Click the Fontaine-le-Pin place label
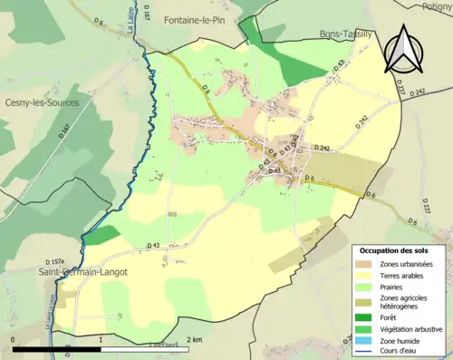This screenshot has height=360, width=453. tap(198, 19)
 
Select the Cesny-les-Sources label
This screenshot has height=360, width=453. tap(41, 102)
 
